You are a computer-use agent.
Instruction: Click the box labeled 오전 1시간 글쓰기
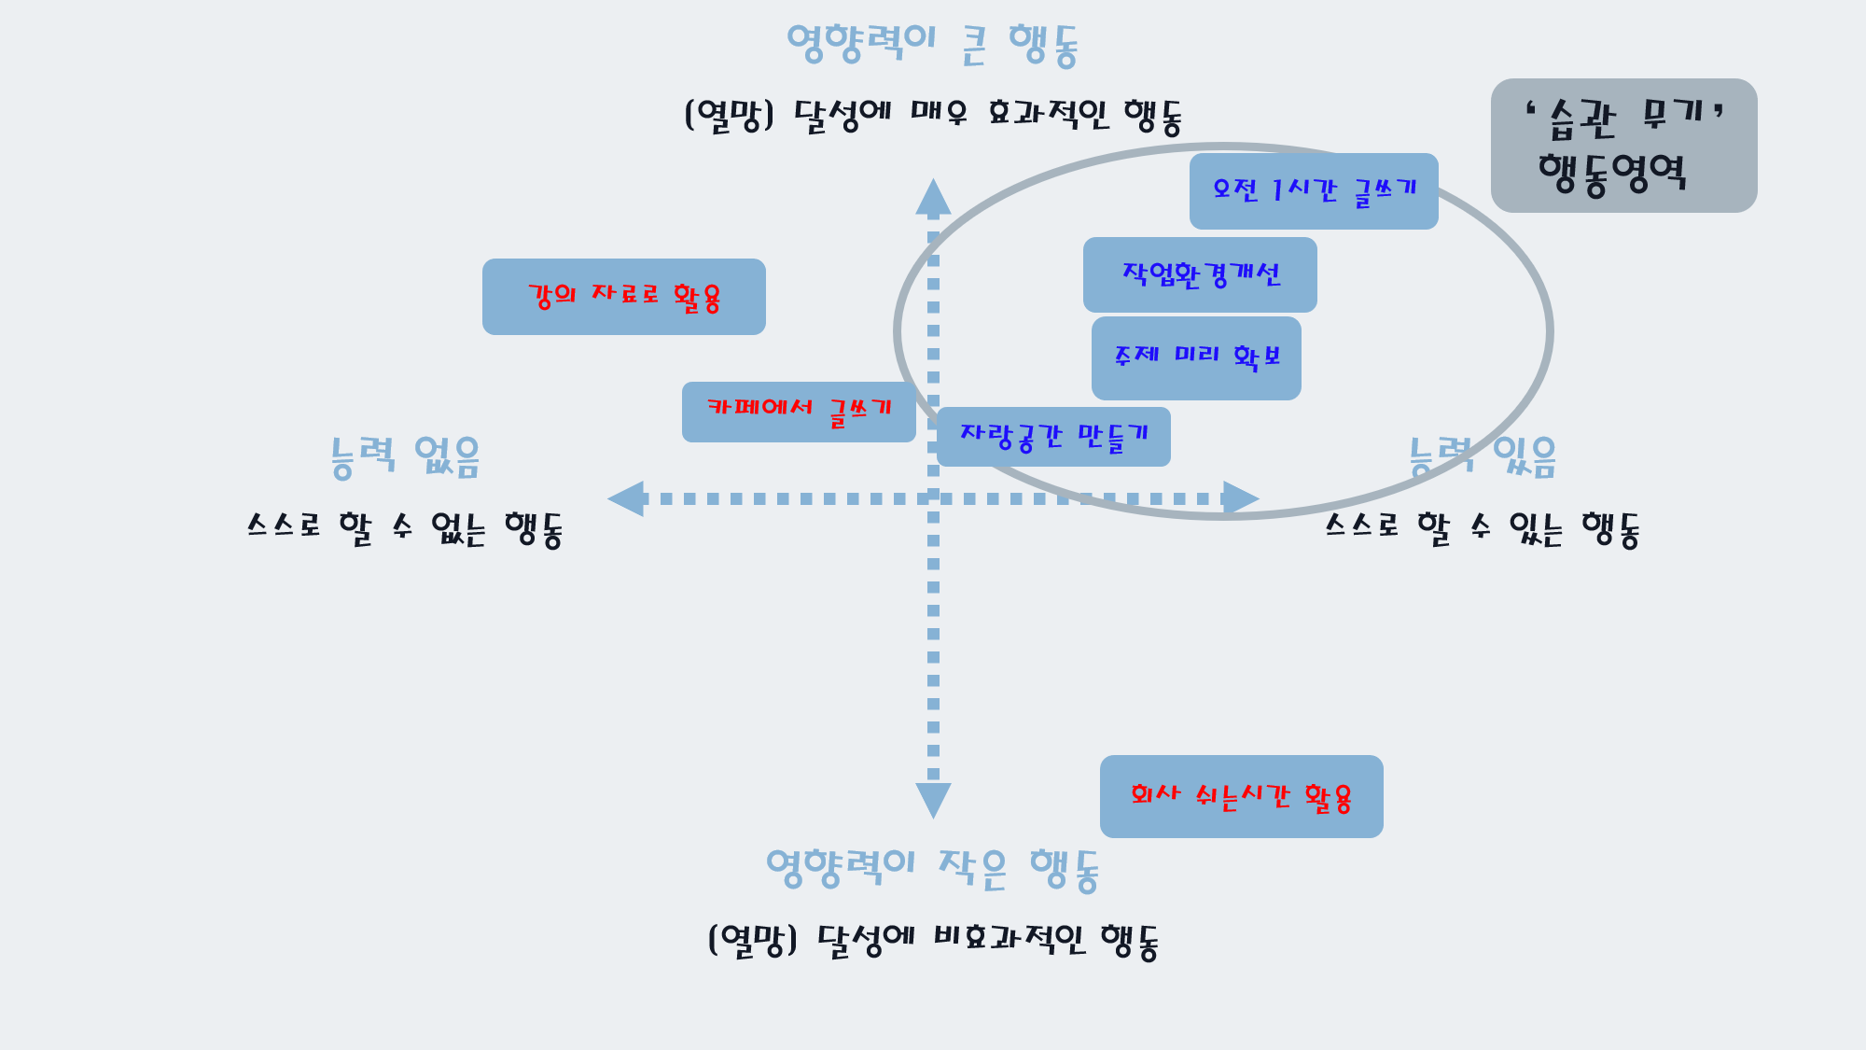click(x=1314, y=191)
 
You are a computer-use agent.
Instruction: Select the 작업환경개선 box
click(x=1200, y=274)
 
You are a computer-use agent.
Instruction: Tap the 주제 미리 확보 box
click(x=1196, y=357)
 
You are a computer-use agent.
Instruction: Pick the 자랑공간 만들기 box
click(x=1053, y=437)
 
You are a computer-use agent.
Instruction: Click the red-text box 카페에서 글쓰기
click(x=799, y=412)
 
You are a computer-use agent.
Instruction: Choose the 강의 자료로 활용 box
click(x=624, y=297)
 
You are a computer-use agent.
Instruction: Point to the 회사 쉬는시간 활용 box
click(x=1241, y=796)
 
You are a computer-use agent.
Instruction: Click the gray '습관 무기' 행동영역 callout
click(x=1623, y=146)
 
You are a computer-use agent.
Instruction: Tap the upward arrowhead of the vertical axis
click(x=933, y=197)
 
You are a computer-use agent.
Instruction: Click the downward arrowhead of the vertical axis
click(x=933, y=799)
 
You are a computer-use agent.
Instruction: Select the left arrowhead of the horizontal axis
click(x=627, y=498)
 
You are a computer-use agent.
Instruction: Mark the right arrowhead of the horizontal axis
click(x=1240, y=498)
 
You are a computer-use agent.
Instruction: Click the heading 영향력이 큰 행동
click(x=933, y=45)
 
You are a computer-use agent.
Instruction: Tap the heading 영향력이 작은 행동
click(x=933, y=869)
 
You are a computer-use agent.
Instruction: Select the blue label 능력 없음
click(x=405, y=457)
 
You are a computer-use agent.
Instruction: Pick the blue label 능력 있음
click(x=1483, y=457)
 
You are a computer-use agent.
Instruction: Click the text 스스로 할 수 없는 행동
click(x=405, y=529)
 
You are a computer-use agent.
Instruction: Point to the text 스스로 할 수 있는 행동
click(x=1483, y=529)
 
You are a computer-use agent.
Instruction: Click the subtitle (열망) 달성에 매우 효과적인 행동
click(x=933, y=116)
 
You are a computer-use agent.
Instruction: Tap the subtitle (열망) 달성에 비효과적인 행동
click(x=933, y=941)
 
